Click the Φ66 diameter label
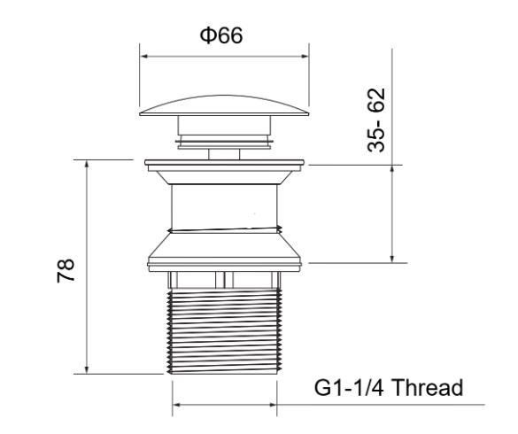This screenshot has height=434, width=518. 221,35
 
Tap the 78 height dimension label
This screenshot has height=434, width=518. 66,270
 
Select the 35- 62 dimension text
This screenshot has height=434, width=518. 376,120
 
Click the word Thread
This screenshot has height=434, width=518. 429,387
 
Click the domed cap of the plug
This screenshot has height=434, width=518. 224,105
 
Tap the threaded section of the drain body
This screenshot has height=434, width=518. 225,331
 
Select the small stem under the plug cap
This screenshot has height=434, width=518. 224,154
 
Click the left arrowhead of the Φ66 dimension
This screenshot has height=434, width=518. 144,57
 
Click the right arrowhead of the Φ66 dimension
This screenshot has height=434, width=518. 305,57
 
